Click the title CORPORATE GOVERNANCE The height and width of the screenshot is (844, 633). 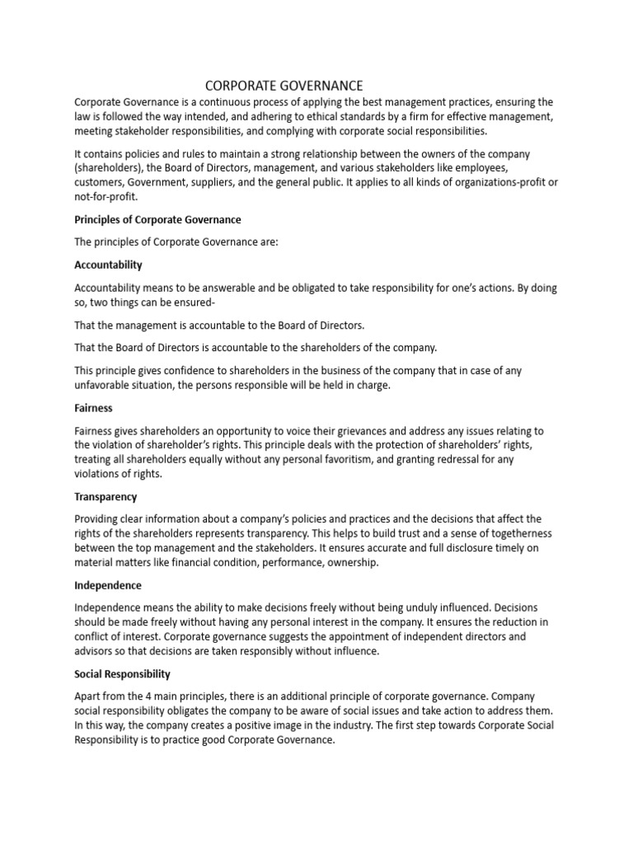click(x=284, y=86)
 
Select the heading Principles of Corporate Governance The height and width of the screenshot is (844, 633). click(x=157, y=220)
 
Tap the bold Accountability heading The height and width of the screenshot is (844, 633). click(x=108, y=265)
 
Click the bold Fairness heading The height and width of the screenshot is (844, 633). click(x=93, y=408)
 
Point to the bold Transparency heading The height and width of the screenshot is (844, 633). click(x=105, y=497)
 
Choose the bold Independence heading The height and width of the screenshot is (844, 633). click(x=108, y=585)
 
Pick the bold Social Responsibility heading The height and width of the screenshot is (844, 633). click(x=122, y=674)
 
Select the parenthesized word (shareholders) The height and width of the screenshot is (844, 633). click(x=105, y=168)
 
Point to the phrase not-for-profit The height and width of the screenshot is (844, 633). click(x=105, y=197)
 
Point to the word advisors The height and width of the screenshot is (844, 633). click(x=96, y=651)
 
